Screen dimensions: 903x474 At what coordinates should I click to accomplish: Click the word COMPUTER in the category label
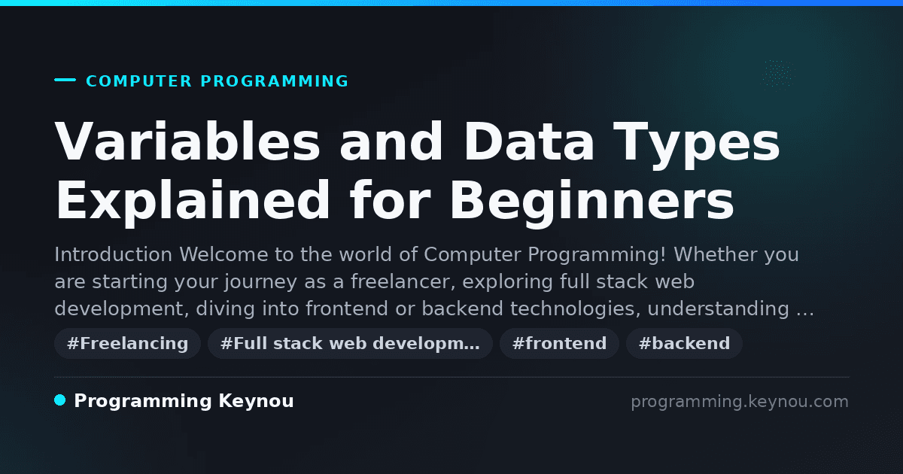coord(138,81)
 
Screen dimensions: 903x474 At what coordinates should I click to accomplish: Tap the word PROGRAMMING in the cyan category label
coord(275,81)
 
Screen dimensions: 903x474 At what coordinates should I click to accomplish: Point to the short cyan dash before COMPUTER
coord(65,80)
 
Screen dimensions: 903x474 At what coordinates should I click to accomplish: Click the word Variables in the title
coord(187,142)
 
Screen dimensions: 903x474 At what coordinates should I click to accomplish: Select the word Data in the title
coord(529,142)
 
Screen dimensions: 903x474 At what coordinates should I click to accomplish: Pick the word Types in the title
coord(697,146)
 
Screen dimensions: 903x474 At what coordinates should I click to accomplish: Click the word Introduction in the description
coord(114,254)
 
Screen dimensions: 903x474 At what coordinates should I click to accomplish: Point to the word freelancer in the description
coord(403,281)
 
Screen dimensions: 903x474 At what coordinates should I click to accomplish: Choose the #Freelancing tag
coord(127,343)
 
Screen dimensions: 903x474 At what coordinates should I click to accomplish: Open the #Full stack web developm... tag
coord(350,343)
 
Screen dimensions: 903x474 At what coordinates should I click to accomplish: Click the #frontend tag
coord(559,343)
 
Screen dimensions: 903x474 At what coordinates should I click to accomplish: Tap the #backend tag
coord(684,343)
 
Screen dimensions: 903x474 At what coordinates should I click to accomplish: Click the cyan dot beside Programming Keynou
coord(59,400)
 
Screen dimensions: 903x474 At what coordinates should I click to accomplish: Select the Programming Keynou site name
coord(184,402)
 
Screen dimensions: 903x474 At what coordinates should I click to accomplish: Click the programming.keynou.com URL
coord(740,402)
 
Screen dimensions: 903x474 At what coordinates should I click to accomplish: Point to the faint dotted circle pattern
coord(777,74)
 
